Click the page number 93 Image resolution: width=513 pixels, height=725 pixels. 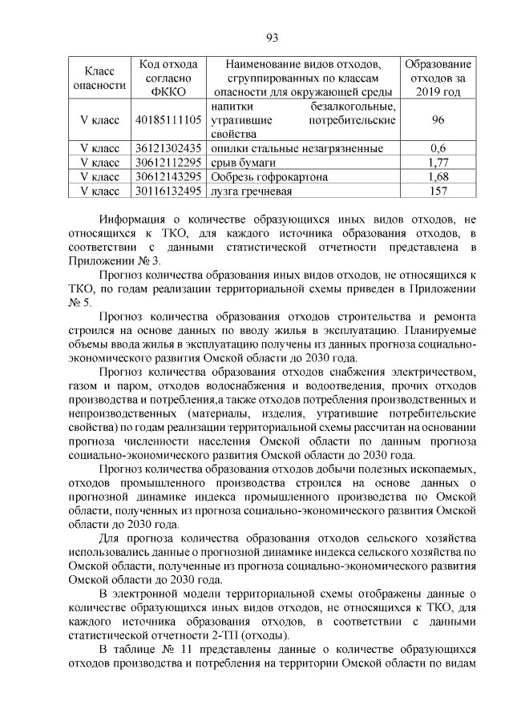(x=271, y=38)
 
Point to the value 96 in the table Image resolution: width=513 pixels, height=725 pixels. (x=438, y=119)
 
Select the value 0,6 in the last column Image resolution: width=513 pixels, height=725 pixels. (x=438, y=148)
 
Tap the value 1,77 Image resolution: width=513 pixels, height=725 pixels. (x=438, y=163)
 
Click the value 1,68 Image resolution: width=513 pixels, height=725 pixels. (x=438, y=177)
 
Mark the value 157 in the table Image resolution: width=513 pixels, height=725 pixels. (x=438, y=191)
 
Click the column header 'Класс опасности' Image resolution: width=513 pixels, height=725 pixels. (x=99, y=77)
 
